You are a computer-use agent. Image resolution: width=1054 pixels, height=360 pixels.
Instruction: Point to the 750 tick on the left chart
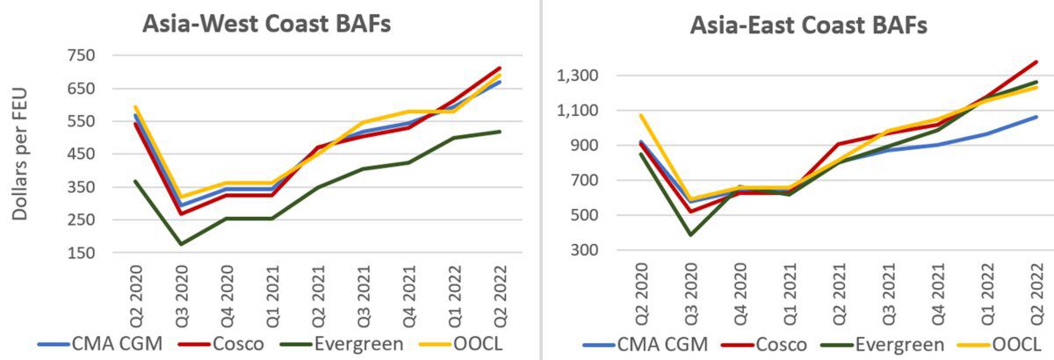[x=81, y=55]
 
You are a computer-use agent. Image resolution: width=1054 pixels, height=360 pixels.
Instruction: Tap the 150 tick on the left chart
[x=81, y=253]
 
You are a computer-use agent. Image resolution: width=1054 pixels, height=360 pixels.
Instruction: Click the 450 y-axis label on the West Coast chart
[x=81, y=155]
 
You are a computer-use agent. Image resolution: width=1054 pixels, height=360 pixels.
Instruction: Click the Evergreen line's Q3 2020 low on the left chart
[x=182, y=244]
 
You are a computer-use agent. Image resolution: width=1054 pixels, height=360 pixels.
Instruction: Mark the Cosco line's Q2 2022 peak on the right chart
[x=1036, y=62]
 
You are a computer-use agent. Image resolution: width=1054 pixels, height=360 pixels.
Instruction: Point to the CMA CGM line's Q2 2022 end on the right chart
[x=1036, y=117]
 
